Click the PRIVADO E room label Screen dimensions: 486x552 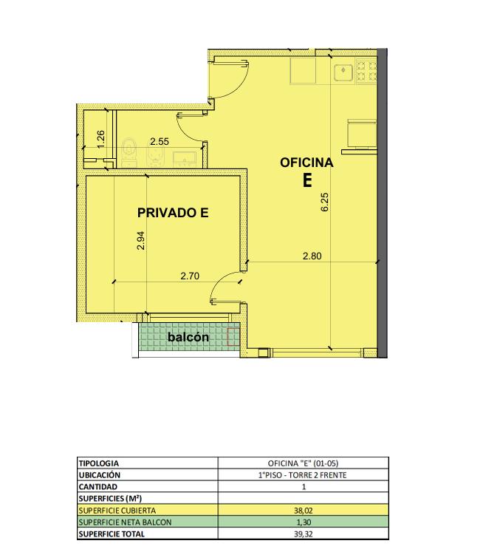(x=173, y=213)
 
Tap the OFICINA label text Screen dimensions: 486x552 (x=307, y=163)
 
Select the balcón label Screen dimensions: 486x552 (x=188, y=337)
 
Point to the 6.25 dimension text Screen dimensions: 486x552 (x=325, y=202)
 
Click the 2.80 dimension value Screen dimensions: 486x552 (x=312, y=256)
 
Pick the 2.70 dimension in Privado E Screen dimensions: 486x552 (x=190, y=276)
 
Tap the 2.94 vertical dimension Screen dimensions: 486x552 (x=141, y=240)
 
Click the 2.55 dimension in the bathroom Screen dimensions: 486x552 (x=160, y=142)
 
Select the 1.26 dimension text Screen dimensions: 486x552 (x=100, y=140)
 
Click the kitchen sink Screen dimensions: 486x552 (x=343, y=73)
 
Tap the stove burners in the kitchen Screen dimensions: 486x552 (x=366, y=71)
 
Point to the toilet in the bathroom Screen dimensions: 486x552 (x=129, y=152)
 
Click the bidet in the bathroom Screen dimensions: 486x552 (x=154, y=155)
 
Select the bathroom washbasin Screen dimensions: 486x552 (x=185, y=158)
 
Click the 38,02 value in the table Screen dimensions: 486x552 (x=304, y=510)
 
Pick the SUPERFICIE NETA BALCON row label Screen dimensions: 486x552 (x=126, y=522)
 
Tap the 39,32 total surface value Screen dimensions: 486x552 (x=304, y=534)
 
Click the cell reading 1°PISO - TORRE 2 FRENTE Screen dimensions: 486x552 (x=303, y=475)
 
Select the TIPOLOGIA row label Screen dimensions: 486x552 (x=99, y=463)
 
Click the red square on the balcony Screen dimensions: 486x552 (x=233, y=337)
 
